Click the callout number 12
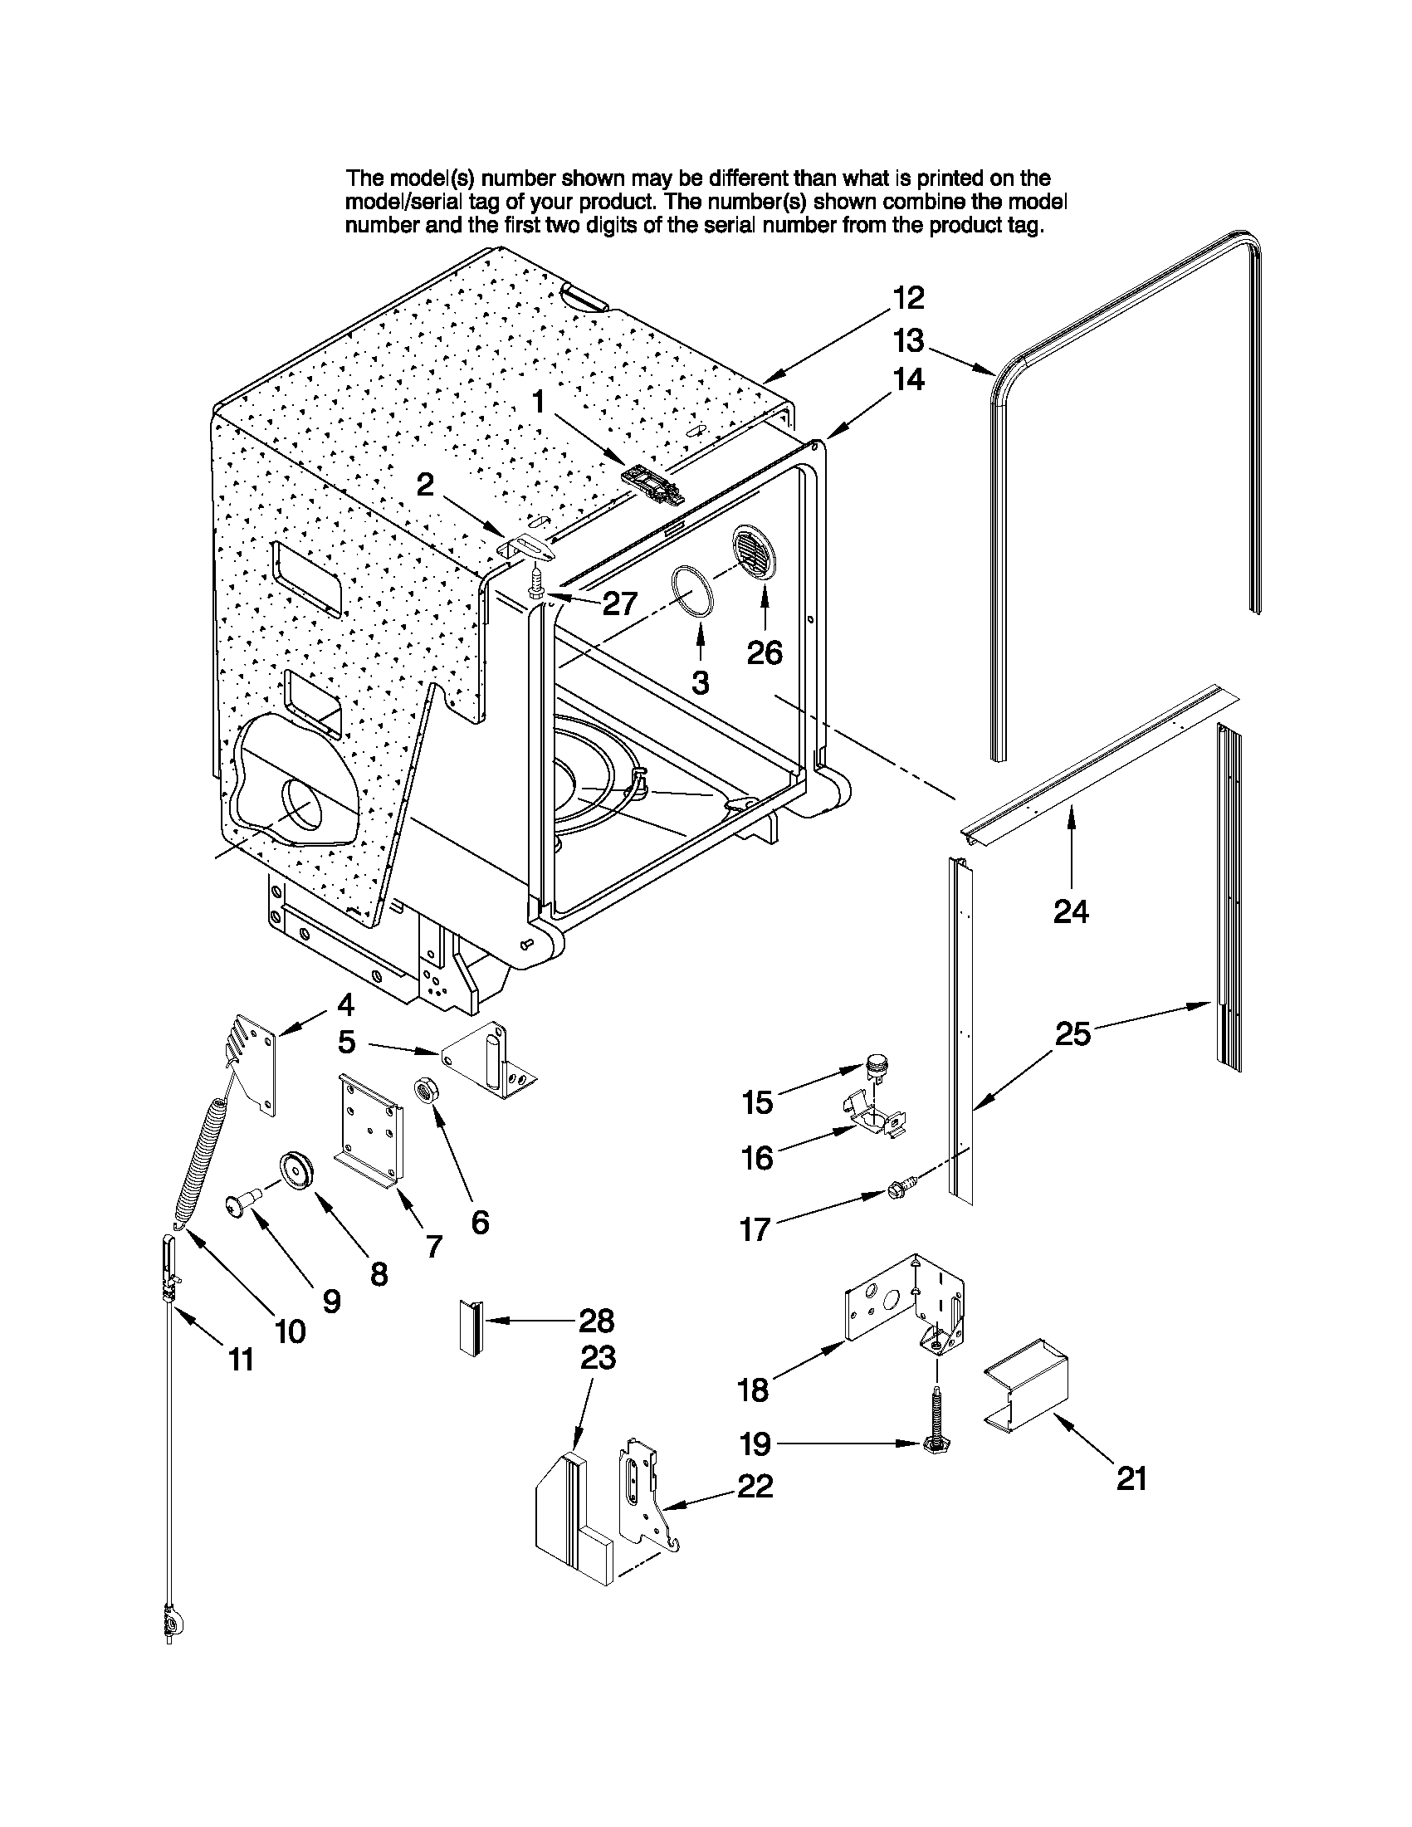[907, 298]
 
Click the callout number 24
[1071, 911]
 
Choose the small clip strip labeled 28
[470, 1326]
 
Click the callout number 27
[620, 603]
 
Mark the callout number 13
[908, 340]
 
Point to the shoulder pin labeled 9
[242, 1206]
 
